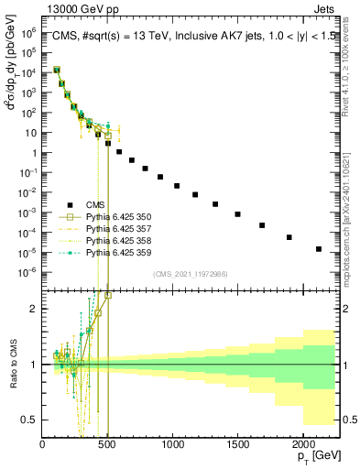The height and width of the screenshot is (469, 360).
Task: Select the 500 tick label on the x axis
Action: [x=107, y=445]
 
